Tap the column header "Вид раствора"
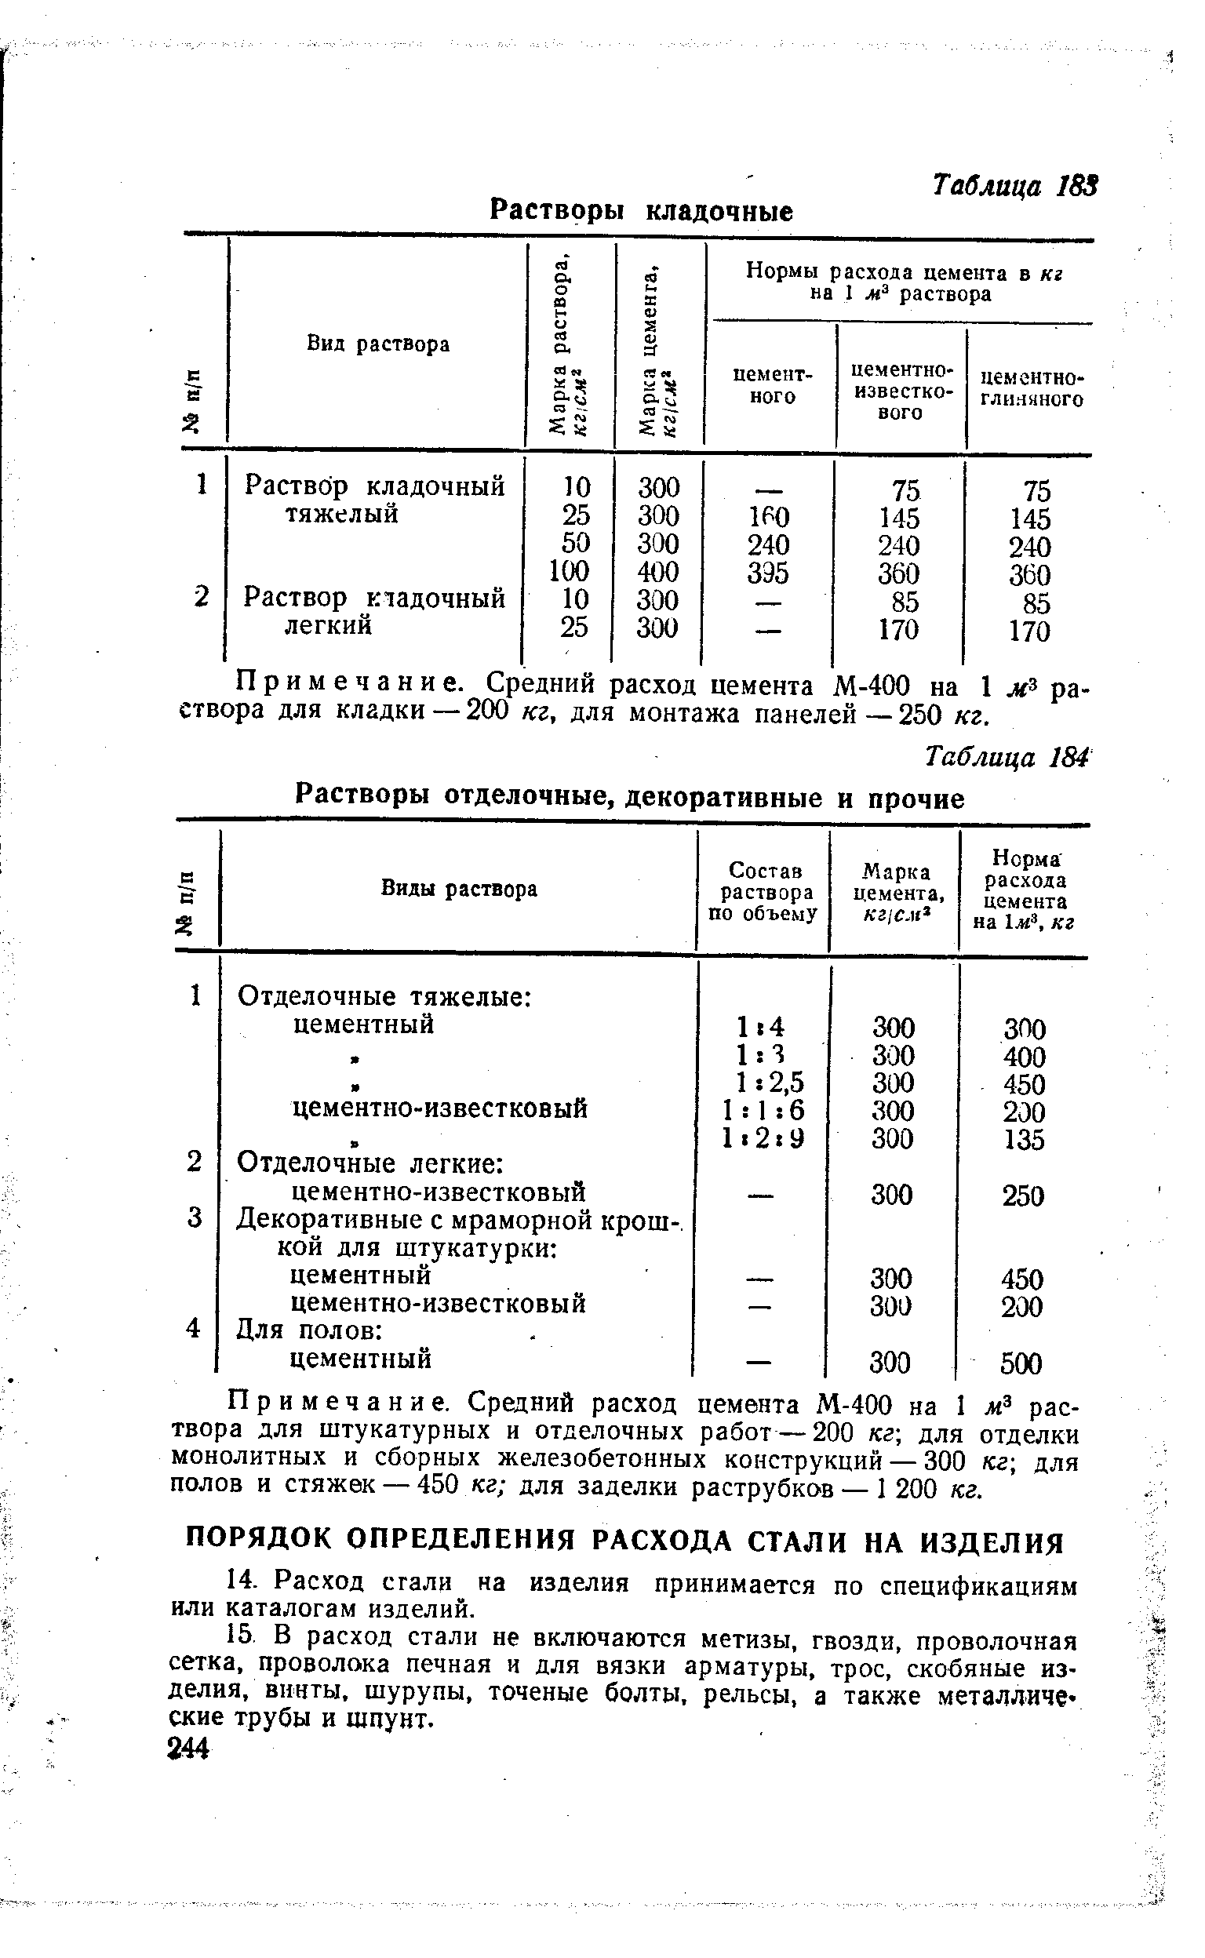click(x=379, y=344)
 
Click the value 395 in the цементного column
click(x=768, y=573)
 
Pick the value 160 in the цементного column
click(x=768, y=518)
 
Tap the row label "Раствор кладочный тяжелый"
click(x=373, y=500)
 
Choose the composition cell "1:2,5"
click(x=770, y=1083)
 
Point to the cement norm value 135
click(x=1024, y=1140)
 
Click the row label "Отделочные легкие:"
click(x=370, y=1164)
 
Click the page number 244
click(x=189, y=1749)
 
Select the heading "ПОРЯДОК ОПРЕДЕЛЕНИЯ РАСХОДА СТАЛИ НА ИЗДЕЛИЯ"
click(x=624, y=1543)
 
